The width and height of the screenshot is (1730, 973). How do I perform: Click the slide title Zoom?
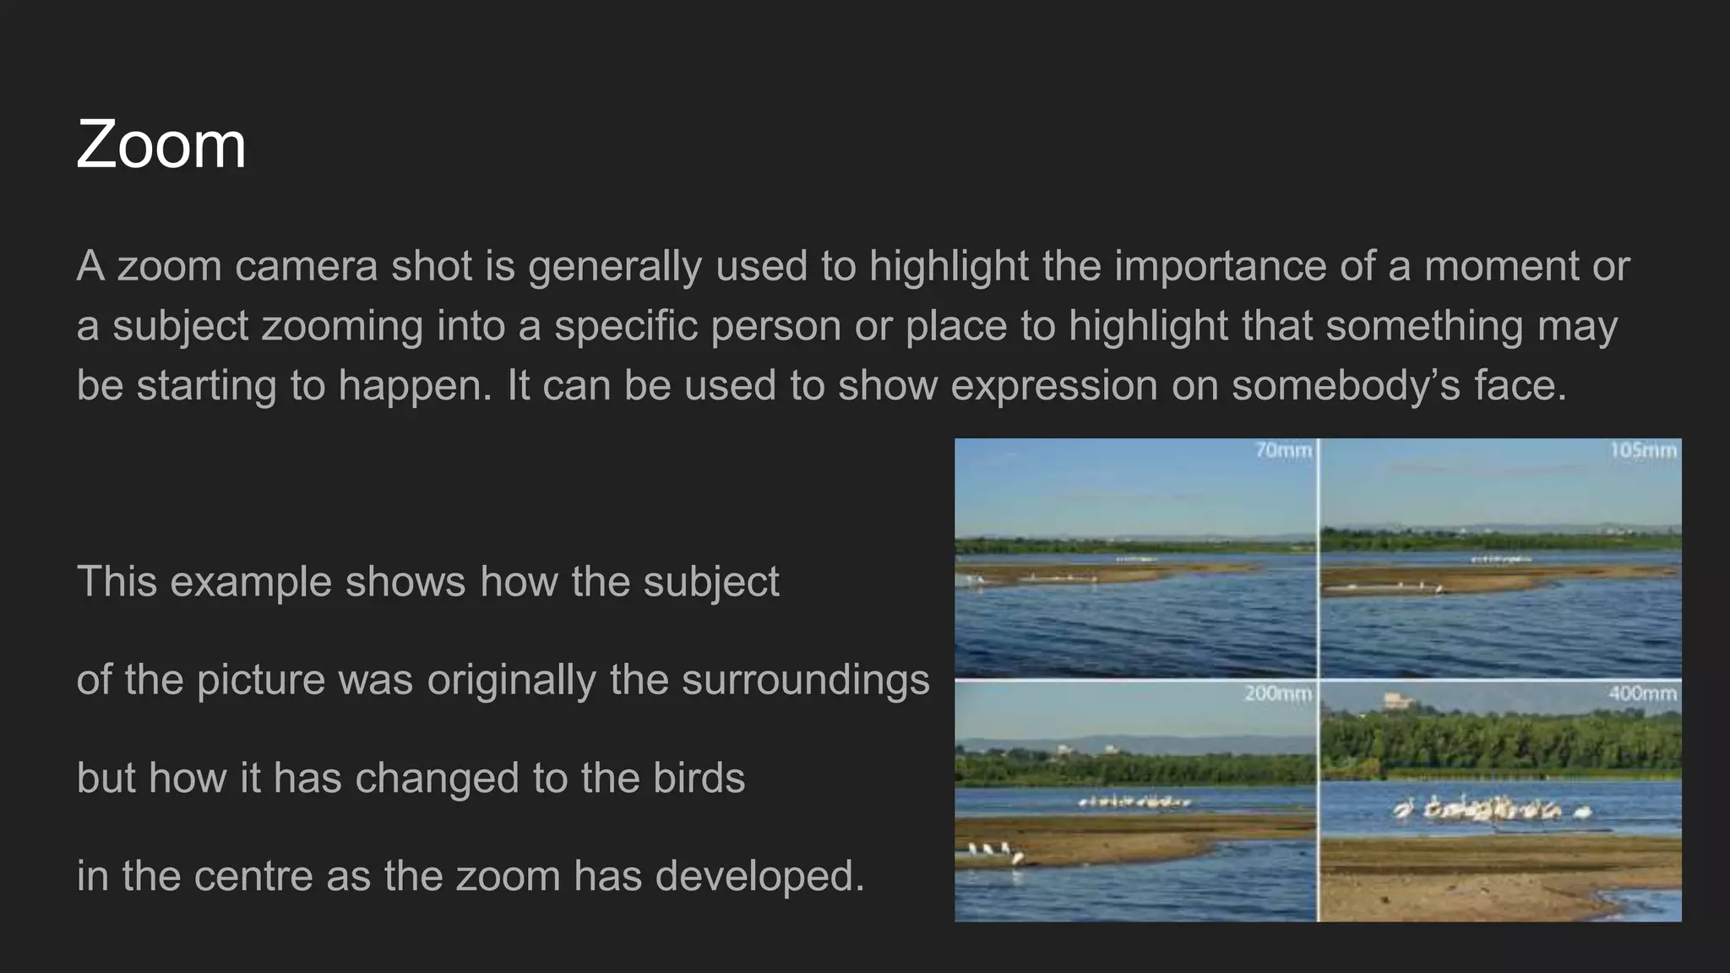click(160, 145)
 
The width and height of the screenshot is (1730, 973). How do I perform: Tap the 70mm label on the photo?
click(1283, 450)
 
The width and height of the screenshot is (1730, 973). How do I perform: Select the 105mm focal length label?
click(1643, 450)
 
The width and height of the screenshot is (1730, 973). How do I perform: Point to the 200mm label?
click(1277, 693)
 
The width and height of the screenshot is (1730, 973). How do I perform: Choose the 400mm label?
click(1642, 693)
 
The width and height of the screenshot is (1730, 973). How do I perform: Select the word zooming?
click(342, 326)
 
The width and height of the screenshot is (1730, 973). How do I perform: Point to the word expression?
click(1054, 385)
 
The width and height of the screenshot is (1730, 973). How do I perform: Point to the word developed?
click(759, 877)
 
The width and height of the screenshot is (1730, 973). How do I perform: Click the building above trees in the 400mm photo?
click(1398, 701)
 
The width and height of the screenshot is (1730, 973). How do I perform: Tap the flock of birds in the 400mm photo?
click(1491, 809)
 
